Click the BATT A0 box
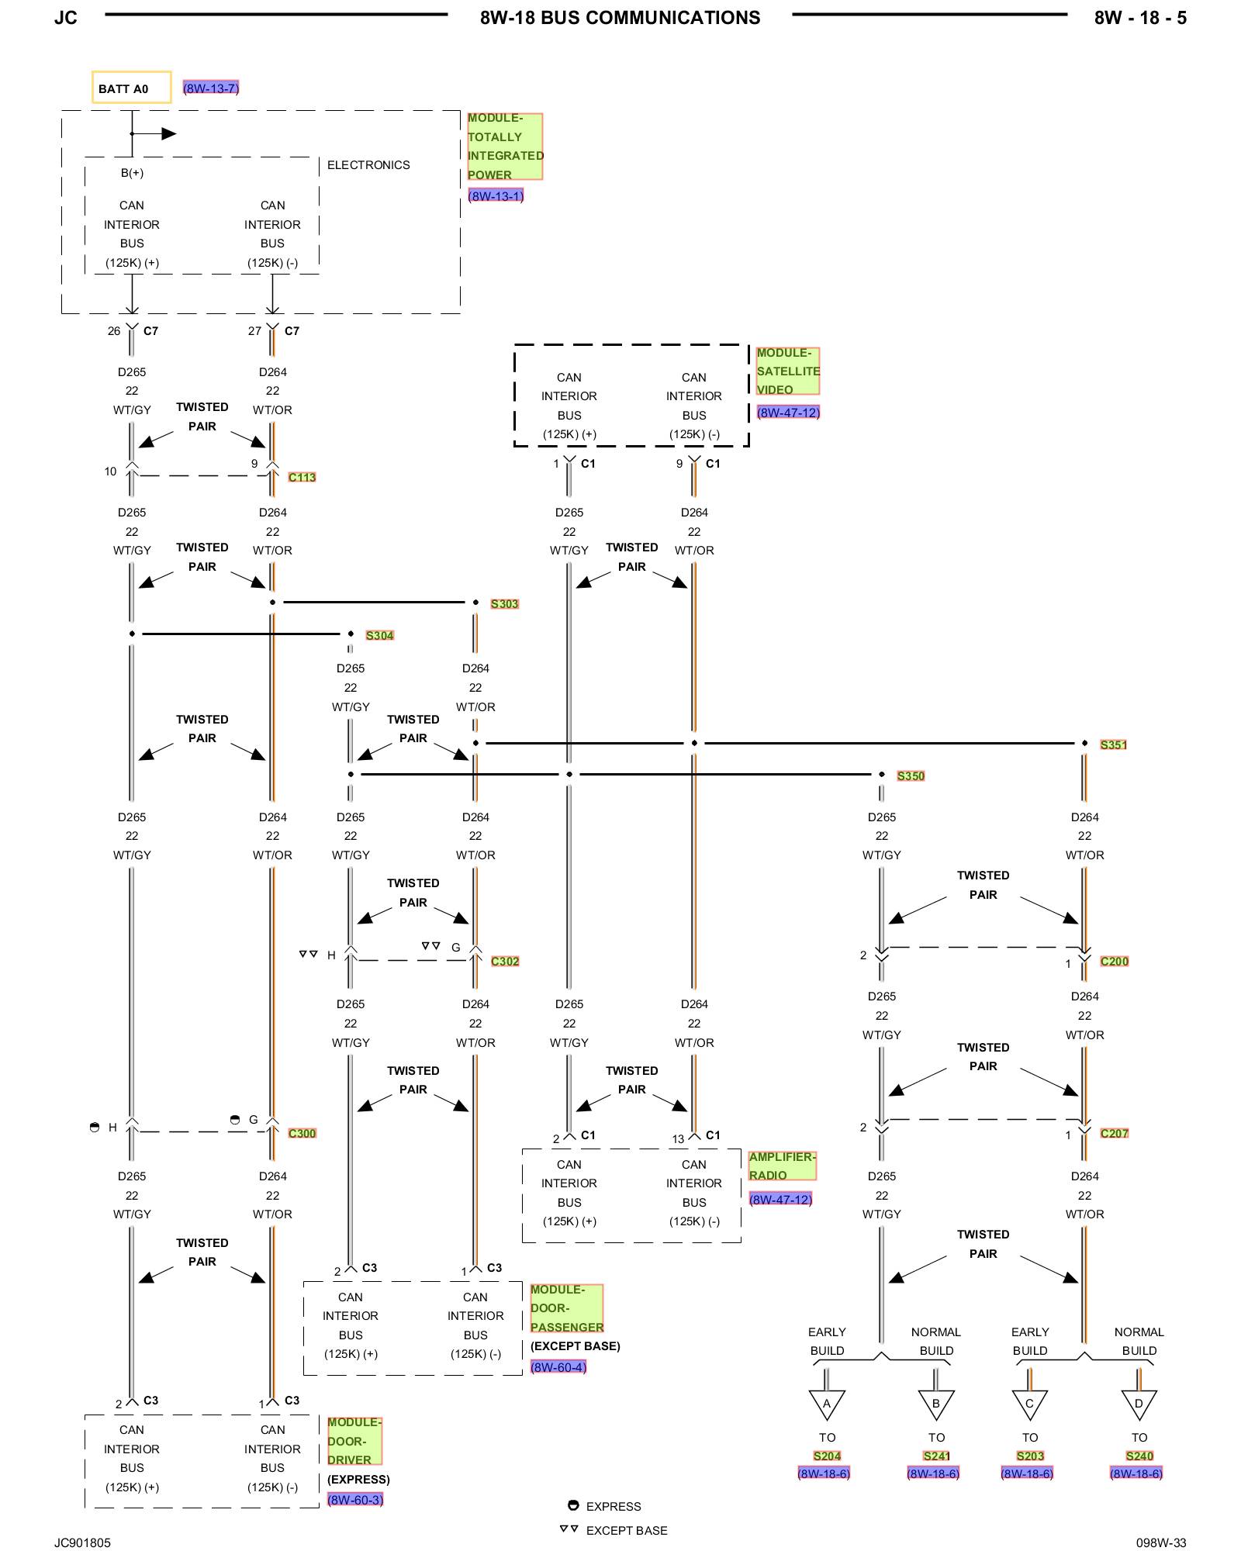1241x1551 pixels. (131, 88)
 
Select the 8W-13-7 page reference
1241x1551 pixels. (210, 88)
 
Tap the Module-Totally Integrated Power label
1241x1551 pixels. (504, 147)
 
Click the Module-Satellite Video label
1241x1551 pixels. (787, 371)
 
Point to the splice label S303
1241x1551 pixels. (504, 604)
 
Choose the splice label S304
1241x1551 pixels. (379, 636)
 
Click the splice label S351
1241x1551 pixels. (1113, 745)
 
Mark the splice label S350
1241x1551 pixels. (911, 776)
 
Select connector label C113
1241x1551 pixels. (302, 478)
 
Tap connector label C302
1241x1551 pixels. (505, 962)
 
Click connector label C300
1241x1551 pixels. (302, 1134)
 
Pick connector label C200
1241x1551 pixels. (1114, 962)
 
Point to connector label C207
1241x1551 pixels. (1114, 1134)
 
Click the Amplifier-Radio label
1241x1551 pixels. (782, 1166)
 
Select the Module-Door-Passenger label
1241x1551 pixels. (566, 1308)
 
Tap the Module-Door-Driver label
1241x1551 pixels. (354, 1441)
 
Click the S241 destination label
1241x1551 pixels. (936, 1456)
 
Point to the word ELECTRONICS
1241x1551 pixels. (368, 165)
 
